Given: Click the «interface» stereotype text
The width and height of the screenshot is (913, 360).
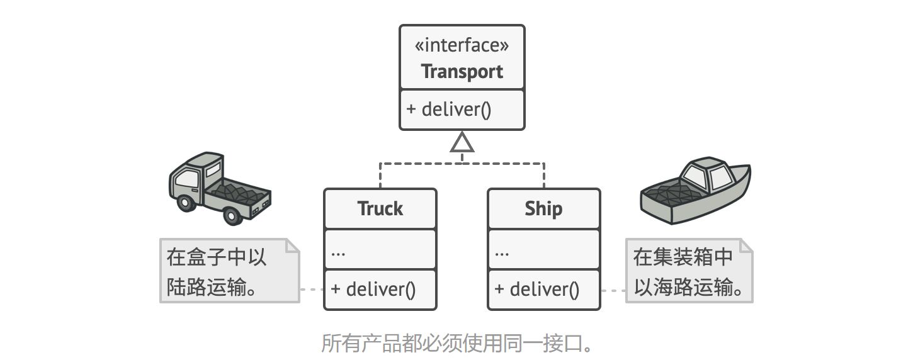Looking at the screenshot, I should pyautogui.click(x=462, y=45).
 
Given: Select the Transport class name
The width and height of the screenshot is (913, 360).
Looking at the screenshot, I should pyautogui.click(x=462, y=71).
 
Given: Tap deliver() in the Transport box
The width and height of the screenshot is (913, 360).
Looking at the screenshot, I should pyautogui.click(x=448, y=110).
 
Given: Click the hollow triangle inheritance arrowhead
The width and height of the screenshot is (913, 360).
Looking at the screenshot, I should pyautogui.click(x=462, y=144).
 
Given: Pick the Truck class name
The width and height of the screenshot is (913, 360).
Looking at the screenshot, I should pyautogui.click(x=380, y=208).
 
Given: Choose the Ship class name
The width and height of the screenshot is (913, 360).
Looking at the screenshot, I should pyautogui.click(x=543, y=208).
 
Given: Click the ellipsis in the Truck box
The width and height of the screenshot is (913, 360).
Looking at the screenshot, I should pyautogui.click(x=338, y=253).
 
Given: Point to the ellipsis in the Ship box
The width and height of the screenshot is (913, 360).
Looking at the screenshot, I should pyautogui.click(x=502, y=253).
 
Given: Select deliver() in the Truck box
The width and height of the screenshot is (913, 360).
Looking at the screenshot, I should pyautogui.click(x=373, y=289).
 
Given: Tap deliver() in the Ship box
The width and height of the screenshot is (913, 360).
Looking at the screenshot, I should pyautogui.click(x=536, y=289).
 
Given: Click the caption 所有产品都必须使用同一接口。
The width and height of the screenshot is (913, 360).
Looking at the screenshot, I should pyautogui.click(x=457, y=343).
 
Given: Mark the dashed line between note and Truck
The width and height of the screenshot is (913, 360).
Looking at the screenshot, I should pyautogui.click(x=312, y=290).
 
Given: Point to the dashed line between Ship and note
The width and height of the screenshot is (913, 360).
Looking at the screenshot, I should pyautogui.click(x=613, y=290).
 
